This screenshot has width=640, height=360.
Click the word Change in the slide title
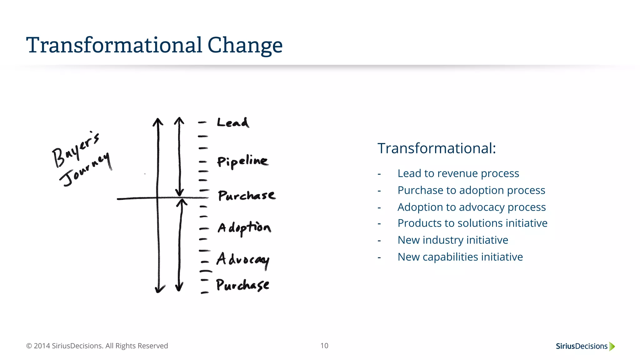point(245,45)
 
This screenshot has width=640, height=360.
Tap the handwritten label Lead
point(233,122)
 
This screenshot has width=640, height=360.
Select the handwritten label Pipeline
point(242,161)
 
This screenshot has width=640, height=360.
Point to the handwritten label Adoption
point(244,228)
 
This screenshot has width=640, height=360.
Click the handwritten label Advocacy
point(243,260)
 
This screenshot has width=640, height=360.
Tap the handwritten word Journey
point(85,170)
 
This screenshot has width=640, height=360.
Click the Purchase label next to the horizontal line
point(247,195)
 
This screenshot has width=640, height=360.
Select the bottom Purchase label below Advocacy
point(242,285)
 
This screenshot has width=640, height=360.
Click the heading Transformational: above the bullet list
point(437,148)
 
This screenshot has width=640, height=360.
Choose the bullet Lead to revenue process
point(458,173)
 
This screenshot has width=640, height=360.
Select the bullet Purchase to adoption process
point(471,190)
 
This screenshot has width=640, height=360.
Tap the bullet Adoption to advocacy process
point(472,207)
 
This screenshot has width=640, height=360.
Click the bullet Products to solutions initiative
point(472,223)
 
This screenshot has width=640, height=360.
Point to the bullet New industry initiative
point(453,240)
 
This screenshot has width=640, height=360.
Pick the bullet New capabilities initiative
point(460,257)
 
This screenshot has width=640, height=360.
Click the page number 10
point(324,346)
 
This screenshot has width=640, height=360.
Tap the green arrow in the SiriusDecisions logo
point(612,346)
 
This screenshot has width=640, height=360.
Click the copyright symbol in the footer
point(29,346)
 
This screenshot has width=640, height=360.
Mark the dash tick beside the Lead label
point(202,122)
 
